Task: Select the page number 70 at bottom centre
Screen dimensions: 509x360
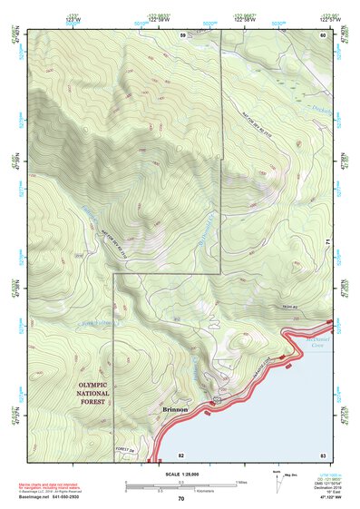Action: click(x=180, y=499)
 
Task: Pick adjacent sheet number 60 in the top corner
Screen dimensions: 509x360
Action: click(x=322, y=34)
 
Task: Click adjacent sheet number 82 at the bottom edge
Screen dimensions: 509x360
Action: click(x=181, y=454)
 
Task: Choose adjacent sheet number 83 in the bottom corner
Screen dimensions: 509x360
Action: click(x=322, y=454)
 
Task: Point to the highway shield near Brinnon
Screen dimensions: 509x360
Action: click(x=216, y=399)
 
